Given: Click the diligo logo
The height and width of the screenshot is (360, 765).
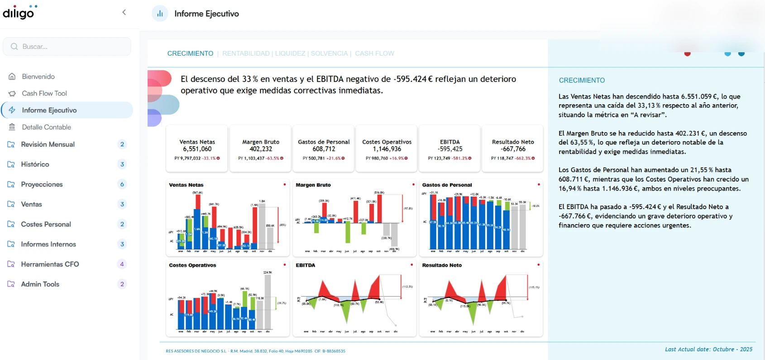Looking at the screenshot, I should pos(19,13).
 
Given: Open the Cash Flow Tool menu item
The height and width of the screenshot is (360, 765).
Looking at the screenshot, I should pos(44,93).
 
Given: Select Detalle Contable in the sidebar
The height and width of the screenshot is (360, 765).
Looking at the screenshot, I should pos(46,127).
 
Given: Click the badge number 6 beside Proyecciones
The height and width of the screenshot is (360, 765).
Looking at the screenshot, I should pos(122,184).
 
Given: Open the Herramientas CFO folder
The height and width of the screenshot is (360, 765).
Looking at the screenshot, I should pos(50,264).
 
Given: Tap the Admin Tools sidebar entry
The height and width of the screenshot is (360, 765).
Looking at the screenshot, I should pos(40,284).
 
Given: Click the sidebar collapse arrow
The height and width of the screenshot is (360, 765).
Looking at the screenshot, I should pos(124,13).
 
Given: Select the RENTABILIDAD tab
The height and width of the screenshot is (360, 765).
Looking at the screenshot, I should pos(246,53).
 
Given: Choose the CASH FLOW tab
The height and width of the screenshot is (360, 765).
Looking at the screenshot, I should pos(374,53).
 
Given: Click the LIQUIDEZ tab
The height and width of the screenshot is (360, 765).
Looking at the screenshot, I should pos(290,53).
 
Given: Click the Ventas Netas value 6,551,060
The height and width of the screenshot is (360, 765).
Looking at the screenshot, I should pos(197,149).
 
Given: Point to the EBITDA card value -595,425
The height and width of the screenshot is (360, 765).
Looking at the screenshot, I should pos(449,149).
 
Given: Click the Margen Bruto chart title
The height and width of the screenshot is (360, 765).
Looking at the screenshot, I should pos(313,185).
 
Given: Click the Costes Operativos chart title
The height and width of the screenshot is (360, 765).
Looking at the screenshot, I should pos(192,265).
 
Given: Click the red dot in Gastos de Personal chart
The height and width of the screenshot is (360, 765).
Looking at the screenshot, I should pos(539,184).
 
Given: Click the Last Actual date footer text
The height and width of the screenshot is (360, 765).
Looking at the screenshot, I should pos(708,349).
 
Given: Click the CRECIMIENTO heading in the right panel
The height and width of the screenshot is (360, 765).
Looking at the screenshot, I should pos(582,80).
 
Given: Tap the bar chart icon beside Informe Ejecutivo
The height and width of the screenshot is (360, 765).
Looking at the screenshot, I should pos(160,14).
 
